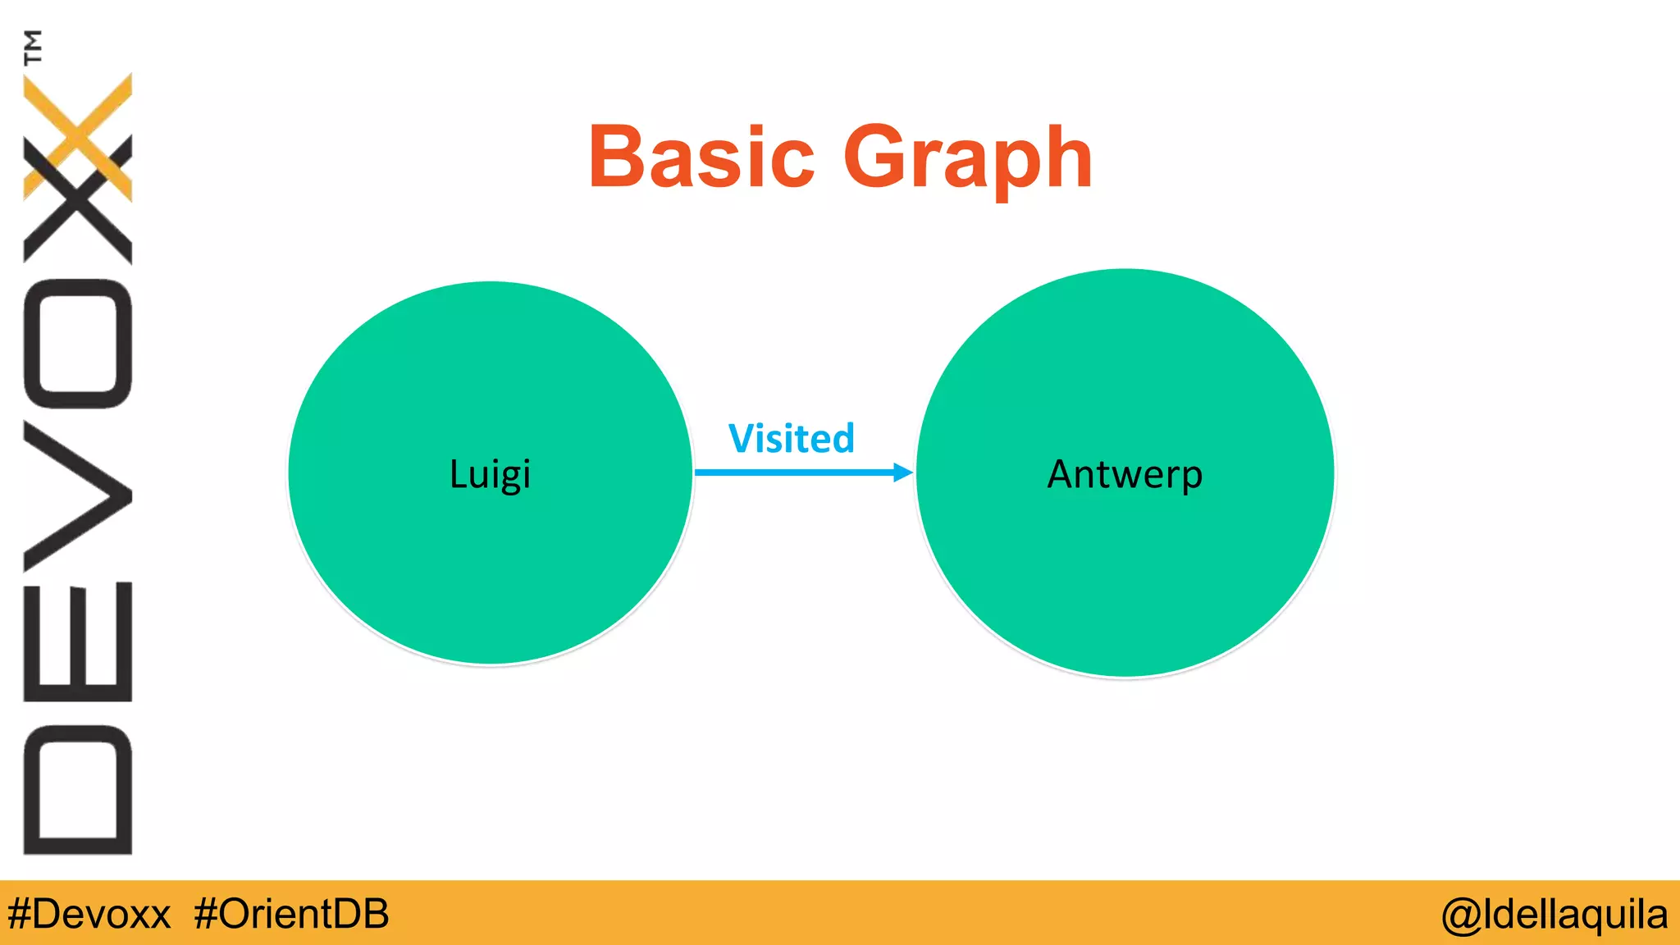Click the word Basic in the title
(x=701, y=156)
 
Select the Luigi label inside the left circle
(x=490, y=475)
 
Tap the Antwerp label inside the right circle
(x=1125, y=475)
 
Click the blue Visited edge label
(x=792, y=439)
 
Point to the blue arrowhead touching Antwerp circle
(x=902, y=472)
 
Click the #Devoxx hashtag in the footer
(x=89, y=914)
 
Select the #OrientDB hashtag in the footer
(x=291, y=914)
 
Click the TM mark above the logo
(x=34, y=47)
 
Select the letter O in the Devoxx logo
(x=78, y=344)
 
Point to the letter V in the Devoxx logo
(x=78, y=495)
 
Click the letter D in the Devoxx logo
(x=78, y=789)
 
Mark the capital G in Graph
(x=878, y=156)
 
